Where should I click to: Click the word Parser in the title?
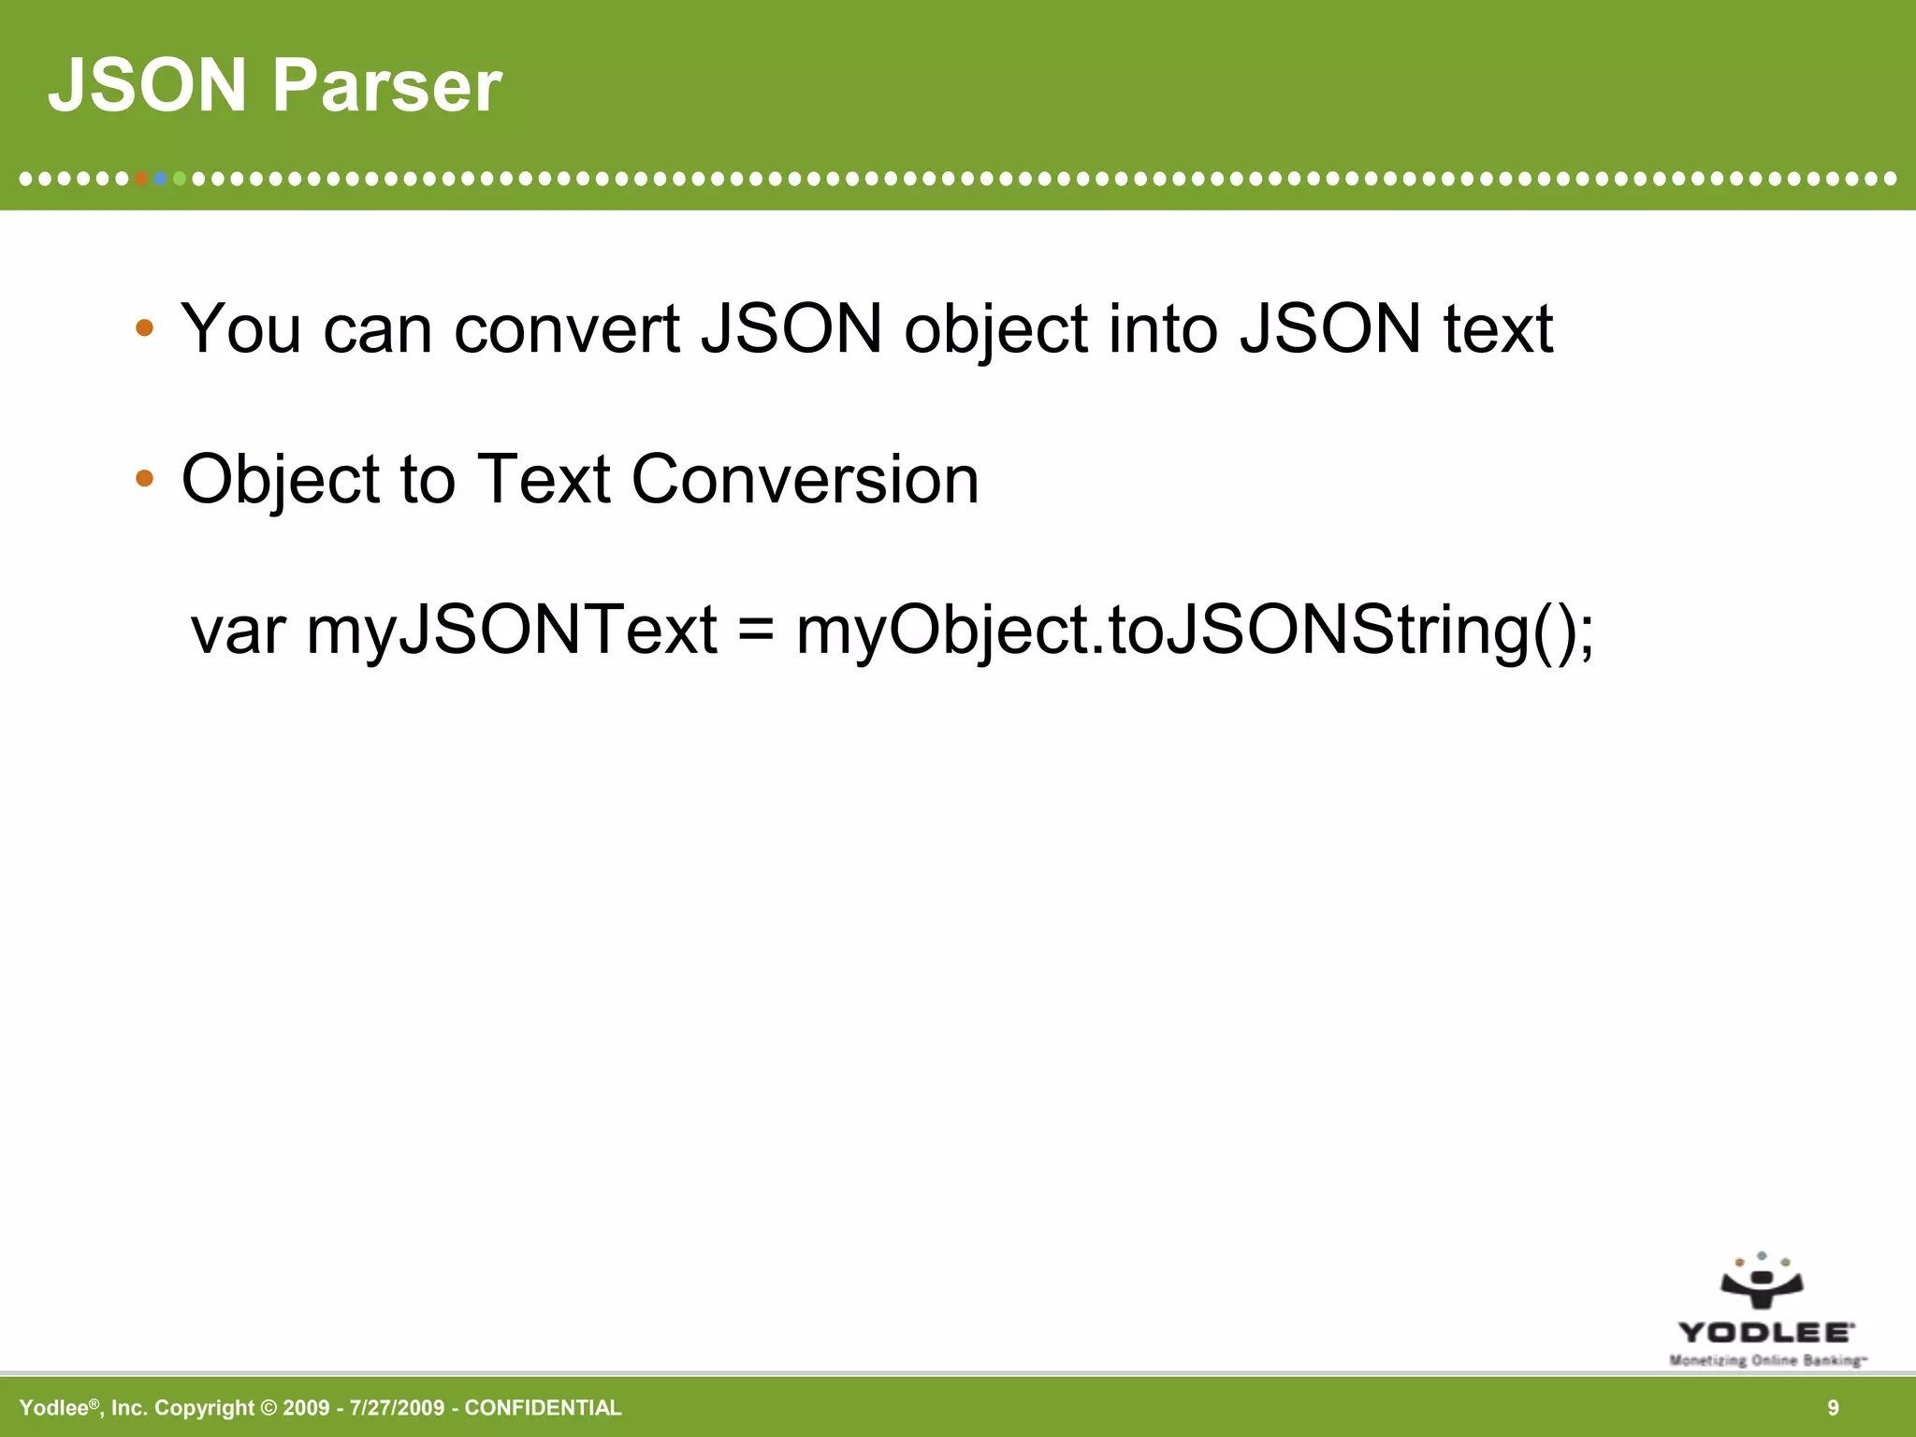(386, 86)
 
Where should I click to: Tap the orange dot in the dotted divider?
(141, 178)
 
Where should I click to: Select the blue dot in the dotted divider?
(161, 178)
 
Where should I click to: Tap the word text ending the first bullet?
(1498, 329)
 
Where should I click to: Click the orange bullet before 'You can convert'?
(144, 328)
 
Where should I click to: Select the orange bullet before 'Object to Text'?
(144, 479)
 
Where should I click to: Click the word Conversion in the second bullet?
(805, 480)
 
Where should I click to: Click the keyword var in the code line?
(238, 631)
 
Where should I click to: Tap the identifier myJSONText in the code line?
(512, 631)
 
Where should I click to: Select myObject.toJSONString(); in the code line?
(1195, 632)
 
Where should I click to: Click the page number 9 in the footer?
(1833, 1408)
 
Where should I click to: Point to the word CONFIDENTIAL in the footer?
(543, 1408)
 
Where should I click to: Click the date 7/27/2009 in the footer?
(397, 1408)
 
